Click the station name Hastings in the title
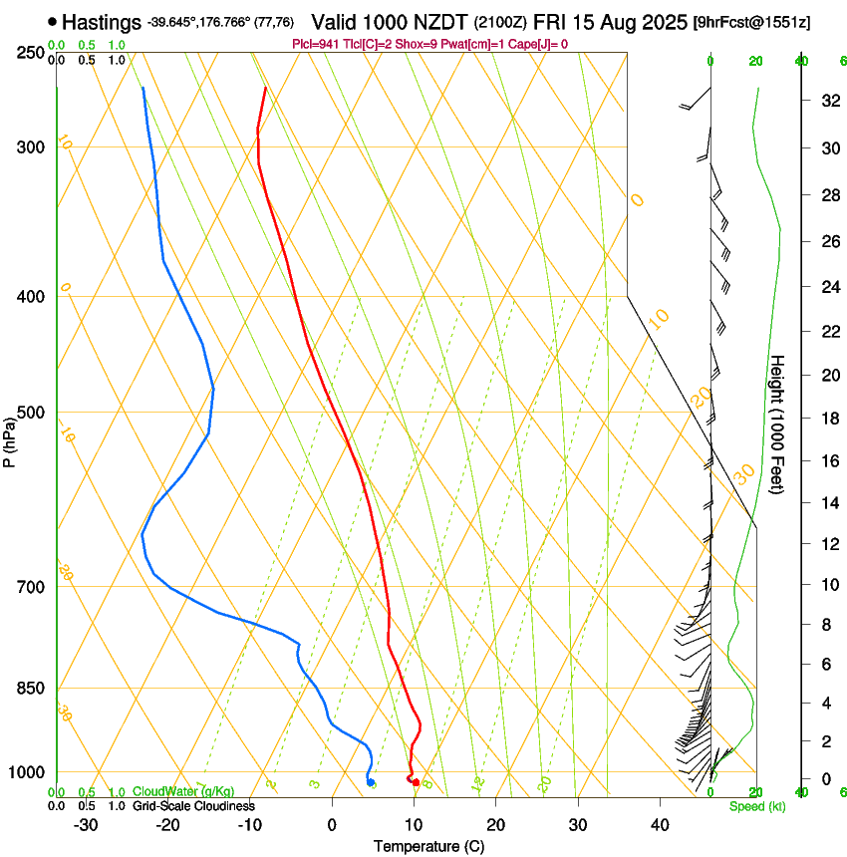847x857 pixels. (x=103, y=21)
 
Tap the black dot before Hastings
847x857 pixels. (x=53, y=21)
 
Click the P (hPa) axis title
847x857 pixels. (x=9, y=438)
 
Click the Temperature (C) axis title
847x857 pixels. (x=428, y=846)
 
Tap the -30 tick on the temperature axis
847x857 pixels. (x=85, y=825)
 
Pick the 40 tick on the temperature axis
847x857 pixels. (x=660, y=825)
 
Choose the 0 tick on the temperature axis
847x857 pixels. (x=333, y=825)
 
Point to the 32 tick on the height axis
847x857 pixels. (x=829, y=101)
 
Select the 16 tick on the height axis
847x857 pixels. (x=829, y=460)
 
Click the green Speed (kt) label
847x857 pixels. (x=756, y=806)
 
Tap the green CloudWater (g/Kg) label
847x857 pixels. (x=183, y=792)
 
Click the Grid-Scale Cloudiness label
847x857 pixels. (x=193, y=806)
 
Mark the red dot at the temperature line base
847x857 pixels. (x=416, y=782)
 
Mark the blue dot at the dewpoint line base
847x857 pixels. (x=371, y=782)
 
